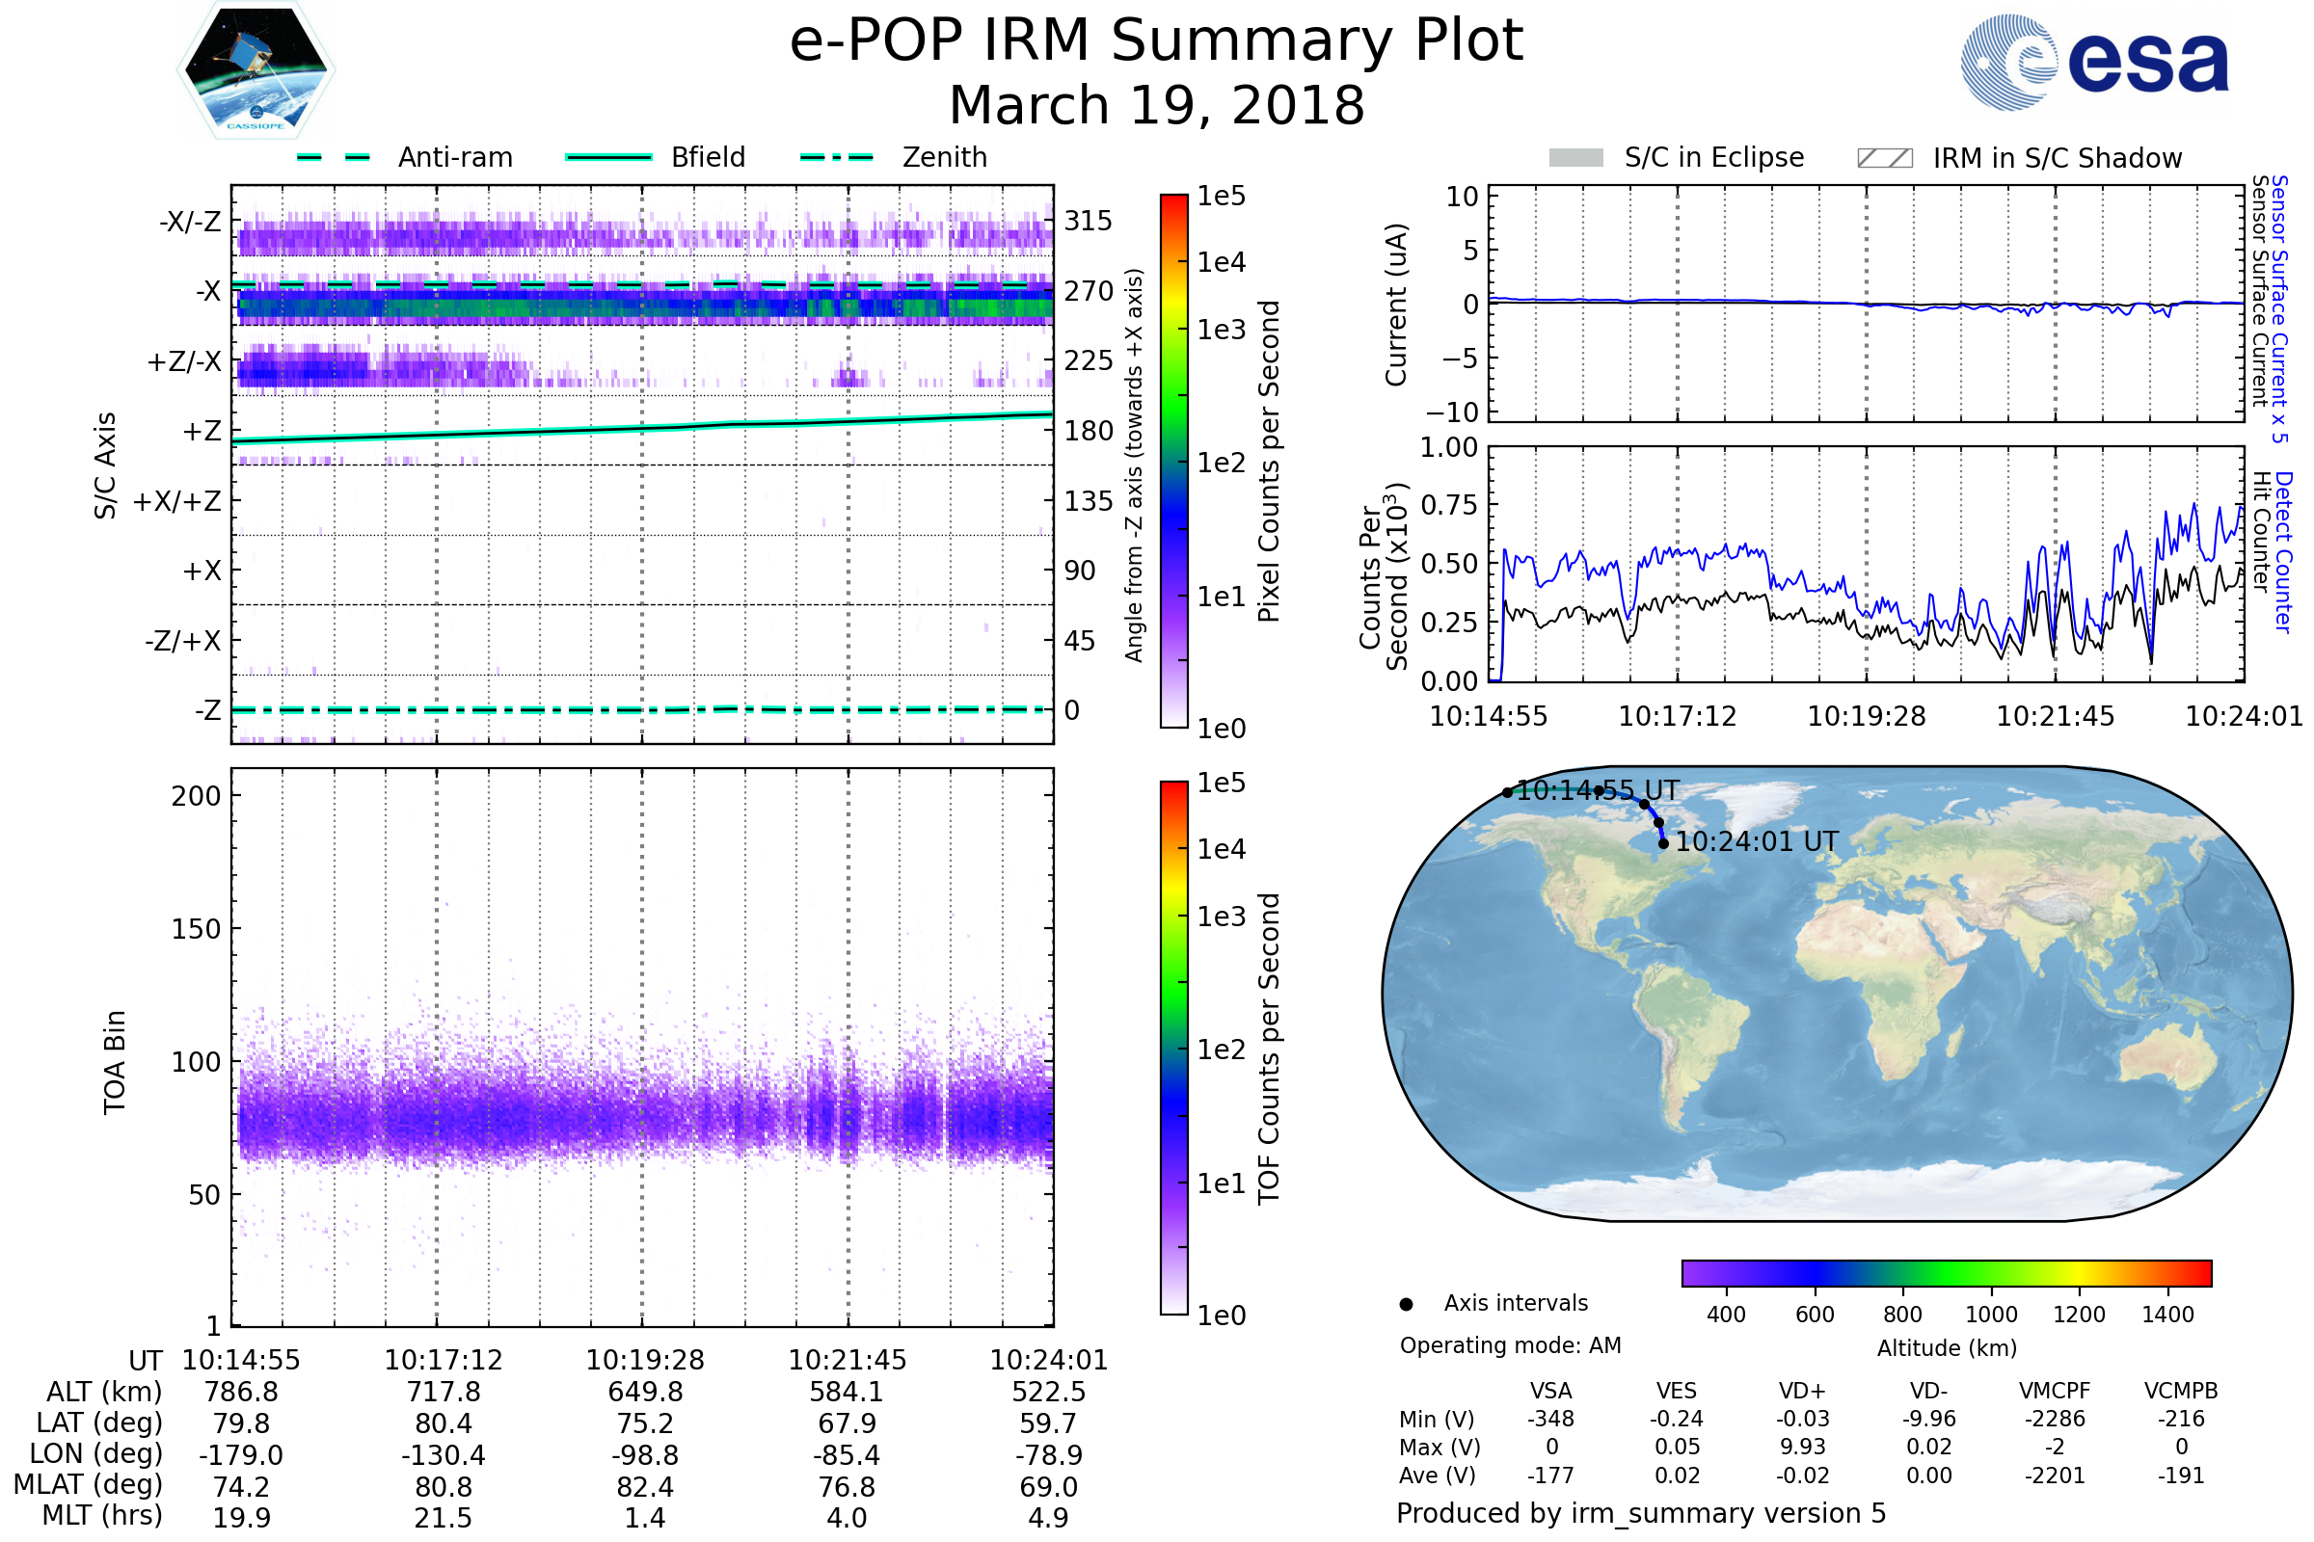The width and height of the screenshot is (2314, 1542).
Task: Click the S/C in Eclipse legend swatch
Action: pos(1575,158)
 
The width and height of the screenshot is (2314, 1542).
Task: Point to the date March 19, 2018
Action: pos(1156,105)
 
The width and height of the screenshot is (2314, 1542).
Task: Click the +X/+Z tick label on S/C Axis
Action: pos(177,501)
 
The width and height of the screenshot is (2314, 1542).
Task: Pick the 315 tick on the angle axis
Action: pos(1088,221)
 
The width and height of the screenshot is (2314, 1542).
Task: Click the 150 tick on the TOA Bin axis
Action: pos(196,929)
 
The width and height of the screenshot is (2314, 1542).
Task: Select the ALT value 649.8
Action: pos(644,1392)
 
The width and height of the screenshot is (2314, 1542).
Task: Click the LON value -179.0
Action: pos(241,1454)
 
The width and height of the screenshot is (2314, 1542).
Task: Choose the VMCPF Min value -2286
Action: pos(2055,1419)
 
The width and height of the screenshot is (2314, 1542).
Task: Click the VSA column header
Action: pos(1550,1391)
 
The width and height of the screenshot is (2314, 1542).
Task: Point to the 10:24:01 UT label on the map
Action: pos(1756,841)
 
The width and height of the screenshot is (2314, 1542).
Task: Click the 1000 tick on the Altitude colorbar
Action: pos(1990,1315)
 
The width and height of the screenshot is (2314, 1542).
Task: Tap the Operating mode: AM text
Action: pos(1510,1345)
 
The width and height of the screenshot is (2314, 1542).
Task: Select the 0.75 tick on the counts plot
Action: pos(1449,505)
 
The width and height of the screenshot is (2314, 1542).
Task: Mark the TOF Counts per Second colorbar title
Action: pos(1269,1049)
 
